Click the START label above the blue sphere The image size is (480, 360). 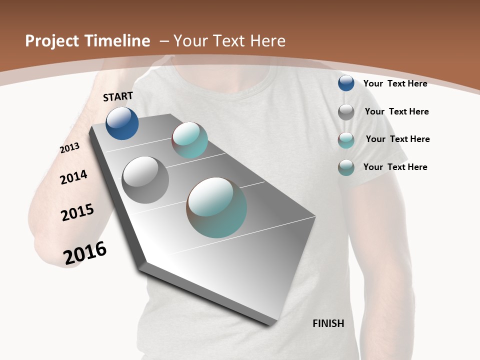118,96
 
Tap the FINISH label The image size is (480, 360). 328,323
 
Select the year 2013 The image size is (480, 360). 69,148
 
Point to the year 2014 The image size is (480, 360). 73,177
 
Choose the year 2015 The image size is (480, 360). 77,212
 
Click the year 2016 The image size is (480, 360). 85,253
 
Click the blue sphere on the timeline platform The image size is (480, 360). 122,123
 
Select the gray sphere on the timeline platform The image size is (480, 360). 145,180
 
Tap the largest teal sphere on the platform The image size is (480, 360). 216,207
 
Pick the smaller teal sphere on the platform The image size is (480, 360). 190,140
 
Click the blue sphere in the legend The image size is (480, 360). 346,83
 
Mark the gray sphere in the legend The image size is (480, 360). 346,111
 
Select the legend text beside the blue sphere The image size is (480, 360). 395,83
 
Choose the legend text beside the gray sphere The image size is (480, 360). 396,111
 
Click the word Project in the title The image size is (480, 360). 52,41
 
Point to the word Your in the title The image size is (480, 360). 190,41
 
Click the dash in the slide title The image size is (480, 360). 163,41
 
